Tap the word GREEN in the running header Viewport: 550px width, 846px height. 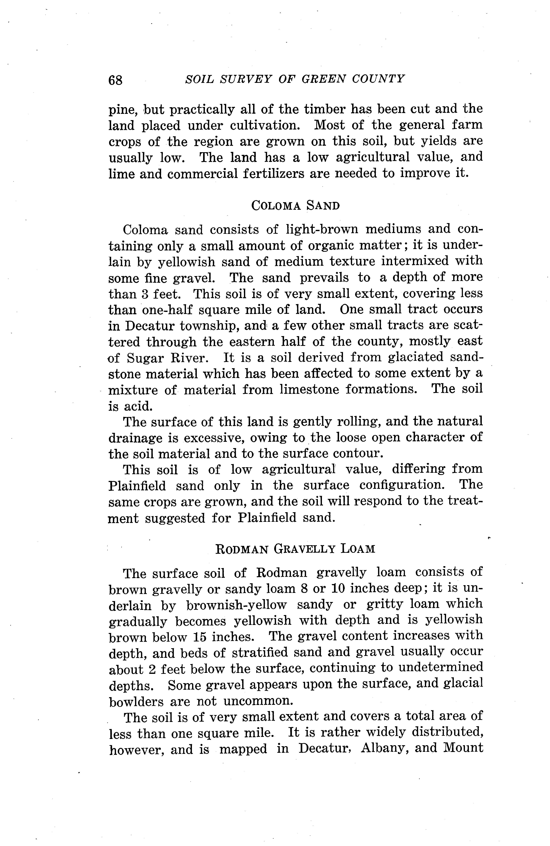click(x=323, y=79)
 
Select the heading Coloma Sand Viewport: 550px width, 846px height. click(x=295, y=205)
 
